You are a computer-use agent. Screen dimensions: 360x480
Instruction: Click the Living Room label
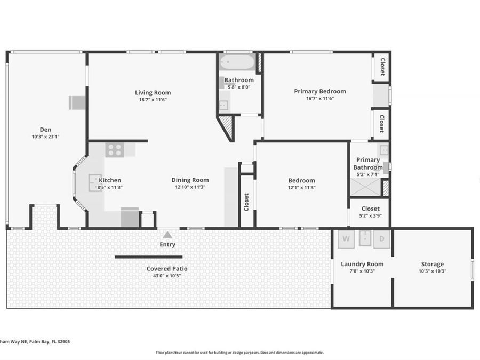153,92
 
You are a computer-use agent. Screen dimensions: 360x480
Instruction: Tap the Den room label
45,129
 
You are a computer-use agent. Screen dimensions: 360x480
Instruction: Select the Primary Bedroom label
319,91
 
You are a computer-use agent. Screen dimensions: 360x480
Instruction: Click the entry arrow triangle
167,234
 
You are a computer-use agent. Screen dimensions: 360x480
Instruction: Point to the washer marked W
346,238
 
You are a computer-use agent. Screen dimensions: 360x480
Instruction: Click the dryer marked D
382,238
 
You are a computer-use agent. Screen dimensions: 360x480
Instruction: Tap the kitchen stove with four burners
114,150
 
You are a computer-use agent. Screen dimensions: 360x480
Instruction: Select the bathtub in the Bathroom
238,62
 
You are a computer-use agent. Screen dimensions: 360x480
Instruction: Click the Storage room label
432,264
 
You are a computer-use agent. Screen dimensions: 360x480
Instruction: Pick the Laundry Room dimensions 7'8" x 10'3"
362,271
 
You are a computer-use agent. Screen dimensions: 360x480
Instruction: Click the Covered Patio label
167,268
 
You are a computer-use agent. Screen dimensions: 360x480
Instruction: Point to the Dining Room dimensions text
190,187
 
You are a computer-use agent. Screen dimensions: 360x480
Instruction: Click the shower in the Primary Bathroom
365,188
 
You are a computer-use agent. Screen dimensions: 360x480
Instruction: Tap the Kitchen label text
110,180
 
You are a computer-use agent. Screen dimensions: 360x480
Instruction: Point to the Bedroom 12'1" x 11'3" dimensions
301,187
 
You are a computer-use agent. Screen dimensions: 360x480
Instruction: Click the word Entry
167,244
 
